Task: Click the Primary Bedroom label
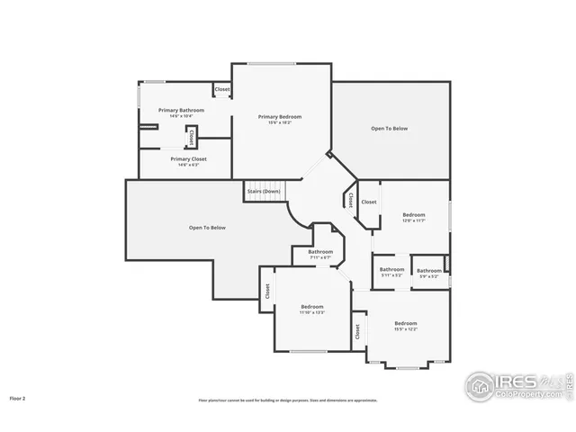tap(279, 116)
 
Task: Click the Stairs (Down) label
tap(262, 191)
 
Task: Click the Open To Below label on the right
tap(389, 129)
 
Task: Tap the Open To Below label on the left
tap(207, 227)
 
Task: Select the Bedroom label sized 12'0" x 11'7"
tap(413, 215)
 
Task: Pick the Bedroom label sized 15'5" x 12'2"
tap(405, 323)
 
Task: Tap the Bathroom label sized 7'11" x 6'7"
tap(321, 252)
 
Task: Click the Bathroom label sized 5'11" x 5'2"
tap(391, 270)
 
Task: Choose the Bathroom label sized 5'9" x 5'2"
tap(428, 271)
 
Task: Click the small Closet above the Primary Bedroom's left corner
tap(221, 89)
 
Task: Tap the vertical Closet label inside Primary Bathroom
tap(191, 137)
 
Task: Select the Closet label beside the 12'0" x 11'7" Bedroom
tap(369, 202)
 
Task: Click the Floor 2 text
tap(17, 397)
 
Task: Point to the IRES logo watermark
tap(517, 384)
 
